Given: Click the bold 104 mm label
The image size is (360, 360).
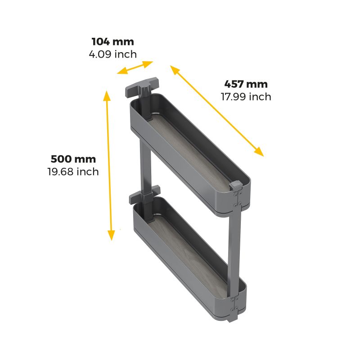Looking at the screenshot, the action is click(x=113, y=42).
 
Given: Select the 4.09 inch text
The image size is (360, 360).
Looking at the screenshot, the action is click(x=113, y=54).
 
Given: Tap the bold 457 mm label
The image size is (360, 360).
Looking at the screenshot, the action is click(x=246, y=84).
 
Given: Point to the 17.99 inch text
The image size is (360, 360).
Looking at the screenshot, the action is click(x=246, y=97).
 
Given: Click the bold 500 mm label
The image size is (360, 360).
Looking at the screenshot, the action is click(x=73, y=159).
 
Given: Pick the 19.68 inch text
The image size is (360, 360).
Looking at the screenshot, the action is click(x=73, y=172).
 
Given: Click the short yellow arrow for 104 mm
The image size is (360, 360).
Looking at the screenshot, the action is click(x=135, y=67).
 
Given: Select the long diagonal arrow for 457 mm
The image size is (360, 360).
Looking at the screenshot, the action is click(x=217, y=111).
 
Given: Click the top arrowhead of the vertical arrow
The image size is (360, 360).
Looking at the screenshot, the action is click(x=107, y=95).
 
